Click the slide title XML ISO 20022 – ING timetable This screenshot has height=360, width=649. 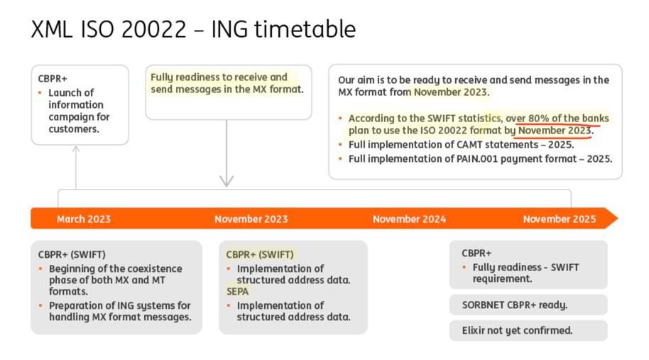pos(193,29)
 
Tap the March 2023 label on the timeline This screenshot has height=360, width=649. pos(84,219)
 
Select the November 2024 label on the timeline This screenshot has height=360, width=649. pos(409,219)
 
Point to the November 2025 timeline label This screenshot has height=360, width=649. pos(560,219)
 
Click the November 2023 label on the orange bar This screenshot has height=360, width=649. pos(251,219)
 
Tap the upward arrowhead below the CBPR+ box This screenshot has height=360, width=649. pos(76,149)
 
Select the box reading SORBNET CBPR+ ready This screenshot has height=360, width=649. pos(528,305)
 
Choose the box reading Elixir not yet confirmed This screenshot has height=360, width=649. pos(528,330)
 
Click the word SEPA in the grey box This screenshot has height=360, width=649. pos(238,291)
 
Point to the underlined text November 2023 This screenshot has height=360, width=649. pos(555,131)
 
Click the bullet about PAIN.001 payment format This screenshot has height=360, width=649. pos(480,159)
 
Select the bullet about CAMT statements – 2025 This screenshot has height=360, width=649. pos(460,145)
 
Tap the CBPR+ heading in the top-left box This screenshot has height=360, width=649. pos(53,79)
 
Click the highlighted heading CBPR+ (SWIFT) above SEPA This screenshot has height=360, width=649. pos(259,254)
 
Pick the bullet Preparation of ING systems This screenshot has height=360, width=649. pos(119,311)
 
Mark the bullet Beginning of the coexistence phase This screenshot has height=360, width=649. pos(115,280)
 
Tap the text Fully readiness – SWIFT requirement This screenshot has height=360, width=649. pos(525,273)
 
